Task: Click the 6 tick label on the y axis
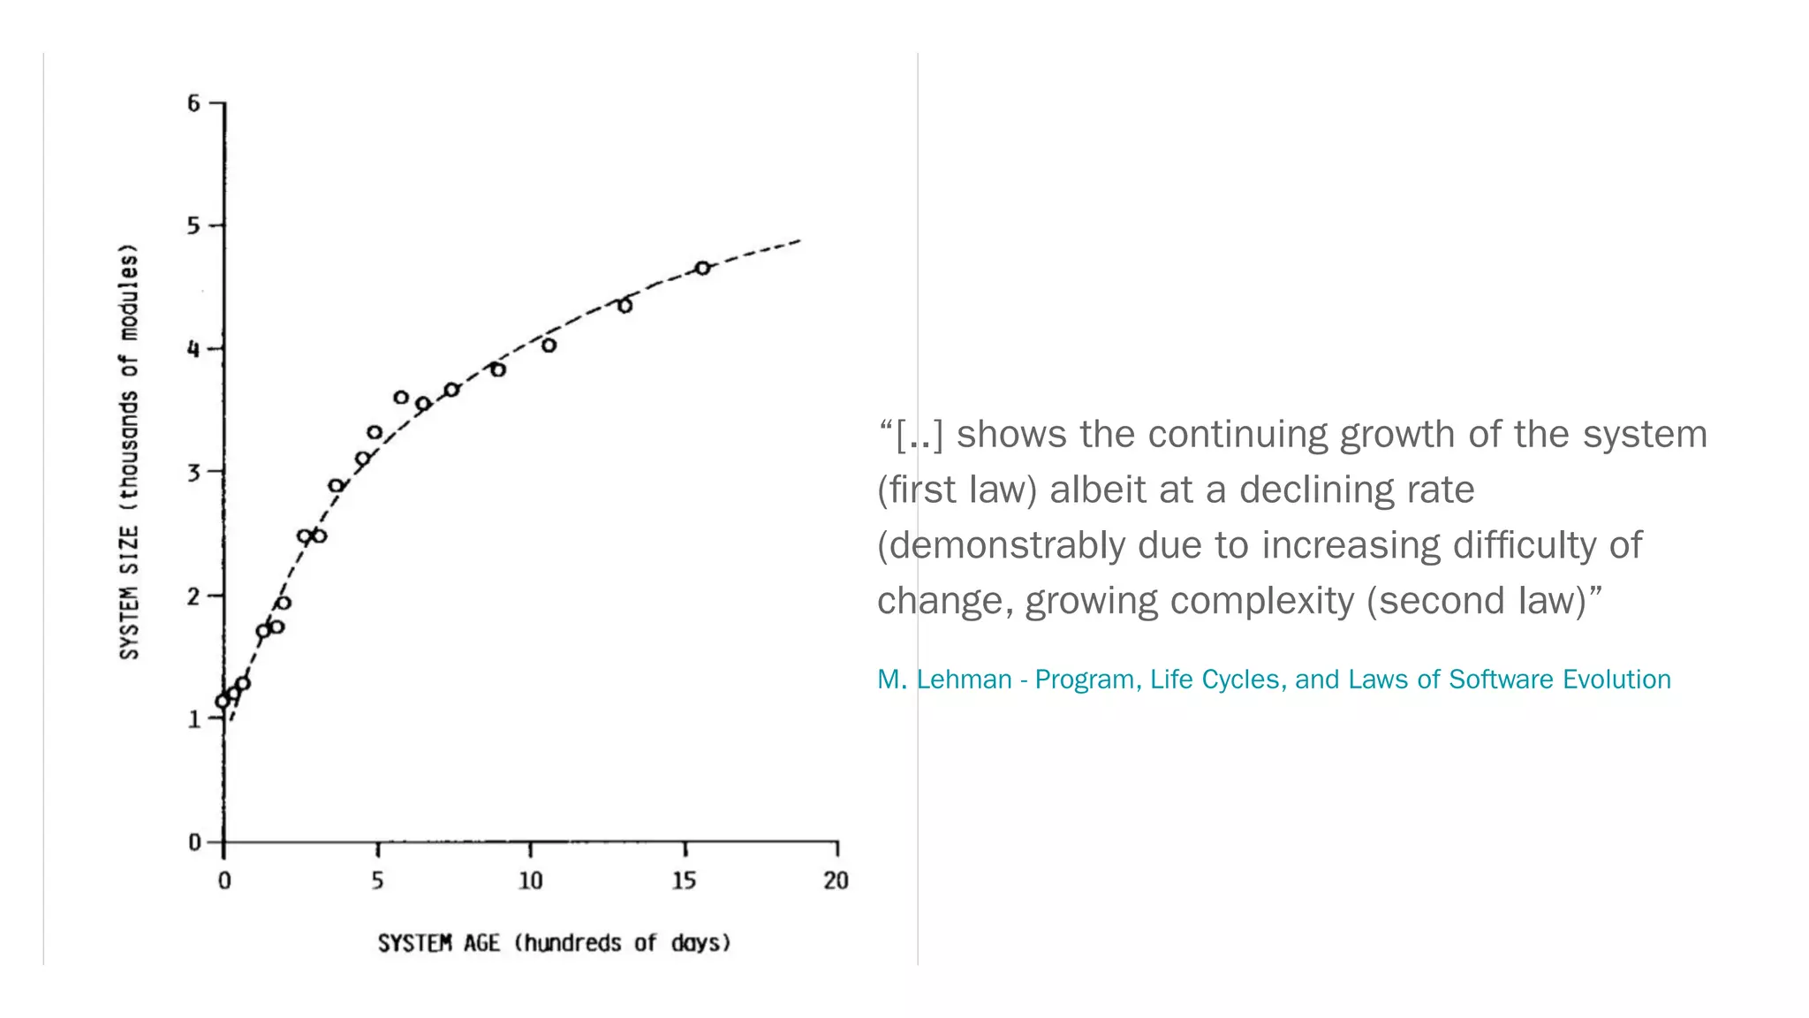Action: pyautogui.click(x=193, y=104)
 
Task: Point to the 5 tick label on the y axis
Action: pyautogui.click(x=193, y=226)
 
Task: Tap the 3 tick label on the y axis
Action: pyautogui.click(x=193, y=473)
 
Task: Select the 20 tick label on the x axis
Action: pyautogui.click(x=836, y=881)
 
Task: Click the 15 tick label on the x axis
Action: pyautogui.click(x=684, y=881)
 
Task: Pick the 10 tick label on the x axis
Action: pyautogui.click(x=530, y=881)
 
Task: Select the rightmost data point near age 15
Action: pyautogui.click(x=702, y=268)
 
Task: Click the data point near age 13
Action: pyautogui.click(x=624, y=306)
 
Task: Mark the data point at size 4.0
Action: pyautogui.click(x=549, y=346)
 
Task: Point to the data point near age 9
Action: pyautogui.click(x=497, y=369)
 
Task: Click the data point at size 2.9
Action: pyautogui.click(x=336, y=485)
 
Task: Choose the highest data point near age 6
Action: pyautogui.click(x=401, y=397)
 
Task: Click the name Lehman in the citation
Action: pyautogui.click(x=964, y=680)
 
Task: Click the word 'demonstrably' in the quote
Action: pyautogui.click(x=1001, y=546)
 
